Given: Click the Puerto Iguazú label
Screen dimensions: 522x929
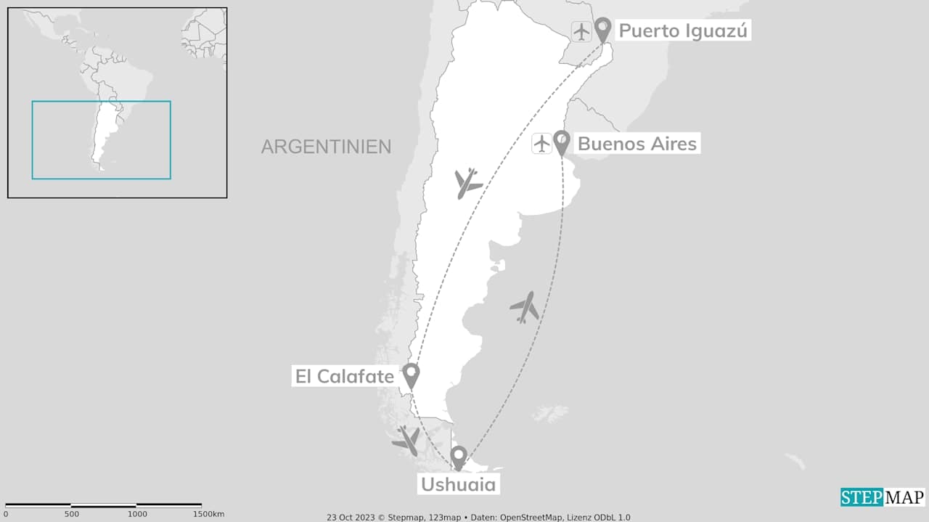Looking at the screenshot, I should coord(682,31).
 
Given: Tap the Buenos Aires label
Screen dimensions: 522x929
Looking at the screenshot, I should coord(637,144).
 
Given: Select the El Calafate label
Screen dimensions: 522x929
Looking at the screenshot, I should coord(344,376).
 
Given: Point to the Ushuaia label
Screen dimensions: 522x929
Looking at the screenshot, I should coord(457,484).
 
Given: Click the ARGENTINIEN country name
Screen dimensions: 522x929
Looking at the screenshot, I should coord(326,147).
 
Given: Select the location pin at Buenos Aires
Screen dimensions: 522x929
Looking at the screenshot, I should coord(561,142).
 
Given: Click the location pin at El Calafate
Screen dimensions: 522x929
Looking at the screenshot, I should coord(411,375).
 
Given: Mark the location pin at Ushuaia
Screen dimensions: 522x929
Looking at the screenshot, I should coord(458,457).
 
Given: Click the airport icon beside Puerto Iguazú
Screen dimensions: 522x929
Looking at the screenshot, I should coord(581,31).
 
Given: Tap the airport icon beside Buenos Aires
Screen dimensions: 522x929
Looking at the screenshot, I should coord(542,144).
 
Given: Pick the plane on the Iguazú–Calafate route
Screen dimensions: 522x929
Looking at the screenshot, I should coord(467,183).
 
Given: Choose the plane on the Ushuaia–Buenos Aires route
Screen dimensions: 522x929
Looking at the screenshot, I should coord(525,307).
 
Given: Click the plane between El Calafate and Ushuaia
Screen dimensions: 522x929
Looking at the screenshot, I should coord(406,440).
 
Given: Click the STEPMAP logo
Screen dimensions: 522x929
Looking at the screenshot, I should coord(883,497).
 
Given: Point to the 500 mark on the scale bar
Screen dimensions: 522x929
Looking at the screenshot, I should coord(71,514).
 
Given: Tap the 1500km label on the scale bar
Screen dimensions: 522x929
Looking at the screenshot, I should coord(208,514).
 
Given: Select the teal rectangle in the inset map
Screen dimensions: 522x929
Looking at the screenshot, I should coord(101,139).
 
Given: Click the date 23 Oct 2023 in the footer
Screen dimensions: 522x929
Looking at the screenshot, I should coord(351,518).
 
